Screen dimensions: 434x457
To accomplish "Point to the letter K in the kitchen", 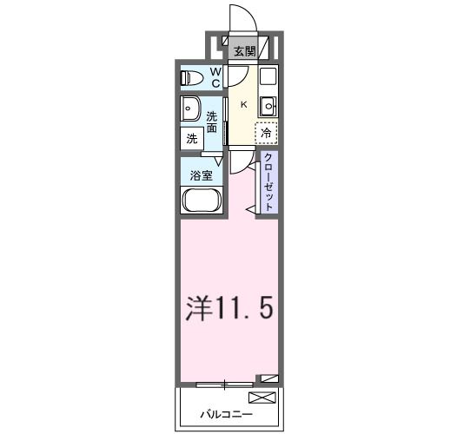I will coord(243,105).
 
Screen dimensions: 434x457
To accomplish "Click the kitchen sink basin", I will coord(268,107).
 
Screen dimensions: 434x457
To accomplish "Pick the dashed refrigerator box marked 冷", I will coord(266,134).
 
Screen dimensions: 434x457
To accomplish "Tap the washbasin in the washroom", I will coord(190,110).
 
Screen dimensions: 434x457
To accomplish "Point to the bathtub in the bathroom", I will coord(202,202).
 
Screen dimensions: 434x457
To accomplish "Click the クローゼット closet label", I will coord(269,181).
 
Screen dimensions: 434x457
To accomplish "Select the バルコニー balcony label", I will coord(217,413).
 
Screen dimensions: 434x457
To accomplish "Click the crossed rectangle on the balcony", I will coord(261,398).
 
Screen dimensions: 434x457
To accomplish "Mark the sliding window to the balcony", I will coord(225,382).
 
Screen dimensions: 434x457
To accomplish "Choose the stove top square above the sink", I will coord(268,75).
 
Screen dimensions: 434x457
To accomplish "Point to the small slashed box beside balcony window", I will coord(269,379).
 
